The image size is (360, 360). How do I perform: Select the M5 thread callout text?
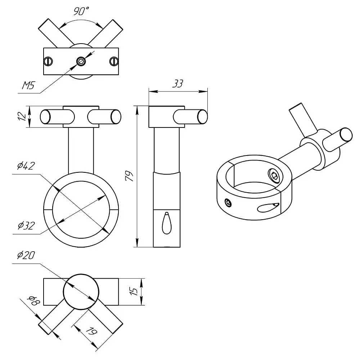[28, 85]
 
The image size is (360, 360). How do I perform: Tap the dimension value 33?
[178, 84]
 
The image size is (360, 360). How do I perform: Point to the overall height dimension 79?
[130, 176]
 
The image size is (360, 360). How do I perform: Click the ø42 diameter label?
[26, 166]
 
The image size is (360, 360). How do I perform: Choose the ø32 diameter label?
[26, 225]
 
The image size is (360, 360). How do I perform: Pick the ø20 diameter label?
[26, 255]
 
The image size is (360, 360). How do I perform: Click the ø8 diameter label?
[33, 300]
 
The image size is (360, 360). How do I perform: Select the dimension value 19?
[91, 331]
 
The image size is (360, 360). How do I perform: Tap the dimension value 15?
[134, 291]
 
